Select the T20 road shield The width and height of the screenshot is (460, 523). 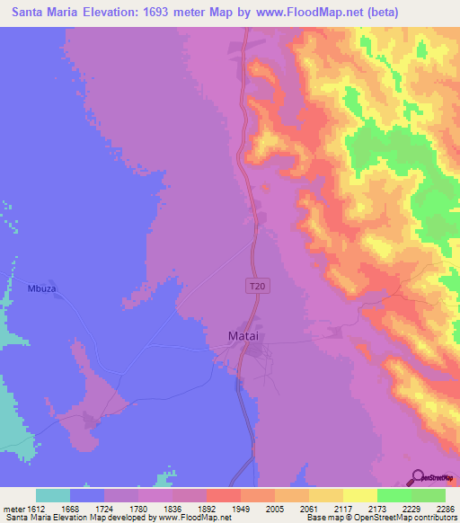(x=258, y=286)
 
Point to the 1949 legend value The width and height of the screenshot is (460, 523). (x=215, y=509)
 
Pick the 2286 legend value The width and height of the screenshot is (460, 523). (x=445, y=509)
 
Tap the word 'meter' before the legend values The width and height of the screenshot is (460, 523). (x=15, y=509)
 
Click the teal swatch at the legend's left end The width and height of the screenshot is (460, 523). (x=53, y=495)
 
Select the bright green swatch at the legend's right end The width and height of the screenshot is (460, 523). (x=428, y=495)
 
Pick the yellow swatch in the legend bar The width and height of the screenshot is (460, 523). (x=359, y=495)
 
